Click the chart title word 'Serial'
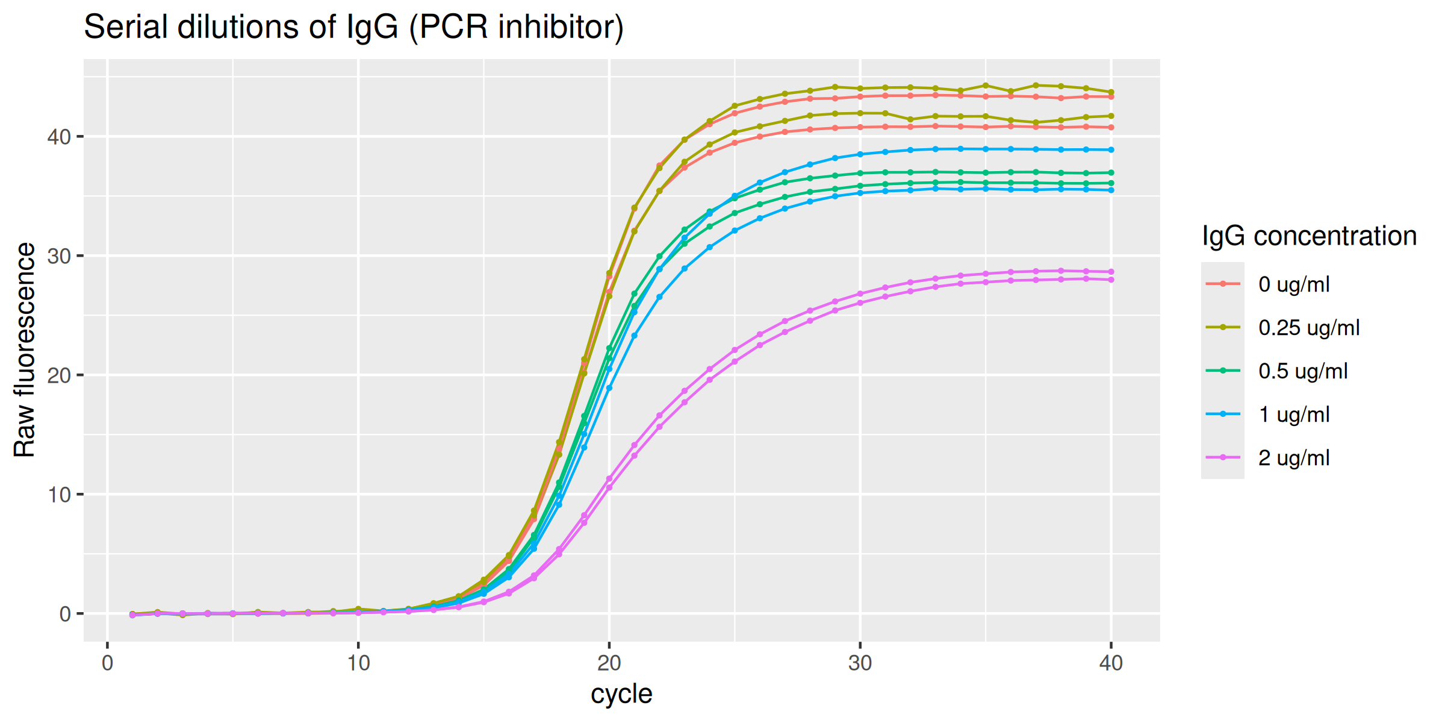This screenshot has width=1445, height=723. click(125, 28)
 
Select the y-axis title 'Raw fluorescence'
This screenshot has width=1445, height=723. click(25, 350)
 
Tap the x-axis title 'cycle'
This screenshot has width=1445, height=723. click(621, 694)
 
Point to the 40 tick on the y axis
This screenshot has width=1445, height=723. click(59, 137)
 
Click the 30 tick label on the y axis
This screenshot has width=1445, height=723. click(59, 257)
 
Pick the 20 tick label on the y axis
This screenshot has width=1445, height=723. click(59, 376)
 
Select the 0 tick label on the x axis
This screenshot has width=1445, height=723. click(108, 663)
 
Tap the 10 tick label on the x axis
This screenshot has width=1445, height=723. click(358, 663)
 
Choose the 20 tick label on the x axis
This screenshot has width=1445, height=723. click(609, 663)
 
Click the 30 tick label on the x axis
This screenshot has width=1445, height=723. click(860, 663)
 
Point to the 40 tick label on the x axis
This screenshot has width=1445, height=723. click(1111, 663)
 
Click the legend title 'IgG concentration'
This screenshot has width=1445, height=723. click(1309, 236)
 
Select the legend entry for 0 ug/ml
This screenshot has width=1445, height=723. click(1293, 284)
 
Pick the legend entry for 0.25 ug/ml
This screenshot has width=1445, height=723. click(1308, 328)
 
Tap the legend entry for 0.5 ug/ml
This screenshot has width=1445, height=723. click(1302, 371)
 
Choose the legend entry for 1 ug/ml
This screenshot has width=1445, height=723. click(1293, 415)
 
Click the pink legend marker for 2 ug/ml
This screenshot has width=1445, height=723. click(1223, 458)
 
